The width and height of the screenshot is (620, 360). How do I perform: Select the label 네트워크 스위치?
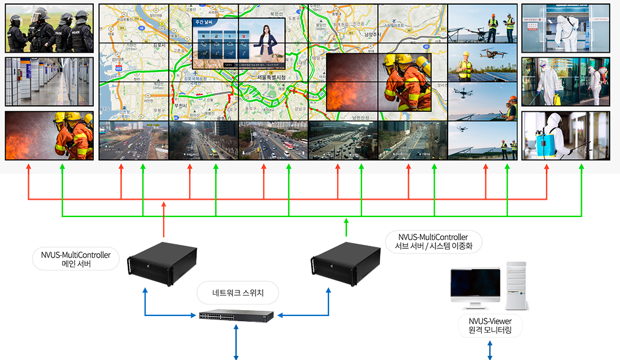coord(238,293)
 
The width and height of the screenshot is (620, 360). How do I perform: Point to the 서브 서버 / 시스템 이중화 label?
coord(433,241)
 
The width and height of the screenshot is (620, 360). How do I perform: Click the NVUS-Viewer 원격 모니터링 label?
coord(490,326)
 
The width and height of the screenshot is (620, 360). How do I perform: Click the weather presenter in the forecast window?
coord(268,42)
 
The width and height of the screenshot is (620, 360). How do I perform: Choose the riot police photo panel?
coord(49,28)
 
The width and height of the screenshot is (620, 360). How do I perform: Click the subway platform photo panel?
coord(49,81)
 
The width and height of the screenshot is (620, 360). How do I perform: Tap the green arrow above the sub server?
coord(346,227)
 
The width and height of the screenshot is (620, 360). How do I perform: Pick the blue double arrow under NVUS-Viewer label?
coord(490,350)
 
